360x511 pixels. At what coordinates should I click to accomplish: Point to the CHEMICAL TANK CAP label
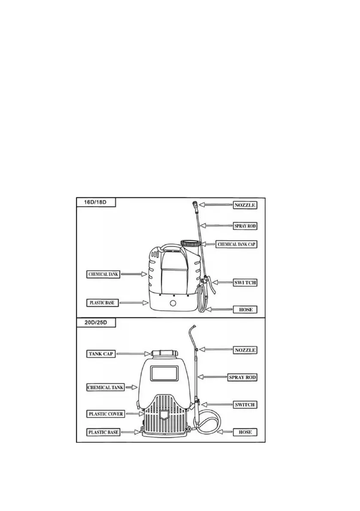pyautogui.click(x=238, y=244)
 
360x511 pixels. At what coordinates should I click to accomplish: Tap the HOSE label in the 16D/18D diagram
pyautogui.click(x=245, y=309)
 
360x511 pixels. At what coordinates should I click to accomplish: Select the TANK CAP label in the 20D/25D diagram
pyautogui.click(x=101, y=354)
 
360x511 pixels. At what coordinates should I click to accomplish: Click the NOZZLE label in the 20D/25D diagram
pyautogui.click(x=245, y=350)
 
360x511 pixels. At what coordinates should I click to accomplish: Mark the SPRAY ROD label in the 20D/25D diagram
pyautogui.click(x=242, y=377)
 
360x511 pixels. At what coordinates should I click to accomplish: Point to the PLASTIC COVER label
pyautogui.click(x=106, y=414)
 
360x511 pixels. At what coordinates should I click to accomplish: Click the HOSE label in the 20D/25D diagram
pyautogui.click(x=245, y=432)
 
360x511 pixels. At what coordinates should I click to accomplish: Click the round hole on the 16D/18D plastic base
pyautogui.click(x=172, y=303)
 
